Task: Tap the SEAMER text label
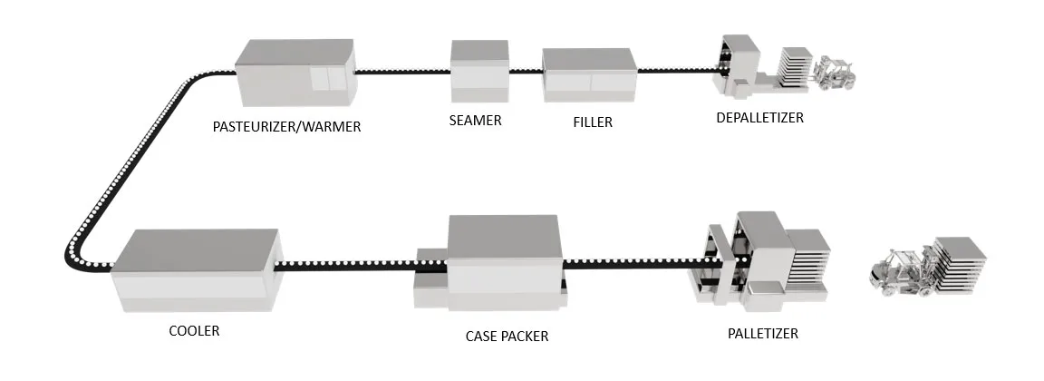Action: [476, 120]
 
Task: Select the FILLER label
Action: [593, 122]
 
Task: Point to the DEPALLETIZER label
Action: [759, 118]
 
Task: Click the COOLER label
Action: [194, 331]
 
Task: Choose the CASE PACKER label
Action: [507, 336]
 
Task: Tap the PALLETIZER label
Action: [763, 334]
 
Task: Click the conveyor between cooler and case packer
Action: [344, 266]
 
